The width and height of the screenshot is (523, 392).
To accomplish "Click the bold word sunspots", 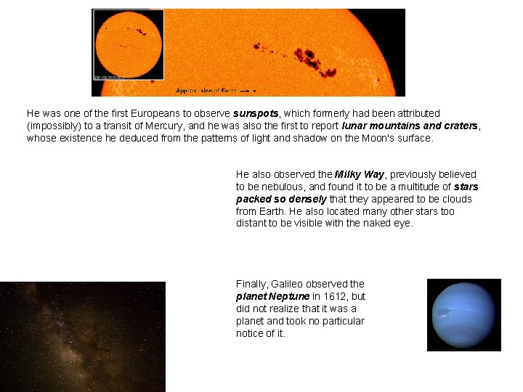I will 256,114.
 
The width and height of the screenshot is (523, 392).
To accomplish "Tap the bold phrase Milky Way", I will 360,174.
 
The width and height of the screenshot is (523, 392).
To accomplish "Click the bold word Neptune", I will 288,296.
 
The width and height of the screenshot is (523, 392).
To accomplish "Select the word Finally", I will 251,284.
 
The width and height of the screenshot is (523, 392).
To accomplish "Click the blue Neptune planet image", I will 463,314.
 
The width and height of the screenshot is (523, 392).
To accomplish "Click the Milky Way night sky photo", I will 82,336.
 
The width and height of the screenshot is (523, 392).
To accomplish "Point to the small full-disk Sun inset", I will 128,44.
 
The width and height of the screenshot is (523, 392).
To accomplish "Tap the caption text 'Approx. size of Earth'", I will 206,91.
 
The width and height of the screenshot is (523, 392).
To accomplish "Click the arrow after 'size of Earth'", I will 245,91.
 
